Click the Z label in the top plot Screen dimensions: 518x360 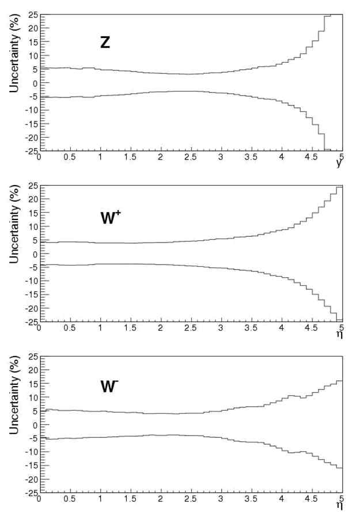click(x=105, y=43)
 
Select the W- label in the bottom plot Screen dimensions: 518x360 click(x=109, y=387)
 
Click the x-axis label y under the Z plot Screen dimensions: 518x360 click(x=340, y=163)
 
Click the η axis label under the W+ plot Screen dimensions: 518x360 click(x=340, y=334)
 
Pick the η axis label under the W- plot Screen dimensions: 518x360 click(x=340, y=505)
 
